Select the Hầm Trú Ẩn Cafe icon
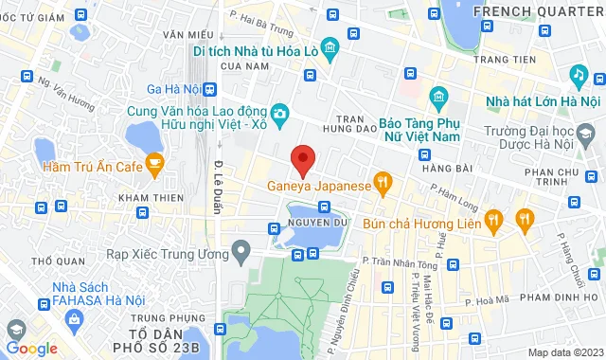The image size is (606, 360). [156, 167]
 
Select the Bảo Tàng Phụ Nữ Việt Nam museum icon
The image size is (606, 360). [437, 97]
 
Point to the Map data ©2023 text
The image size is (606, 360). [564, 351]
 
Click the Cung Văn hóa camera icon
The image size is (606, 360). [279, 115]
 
